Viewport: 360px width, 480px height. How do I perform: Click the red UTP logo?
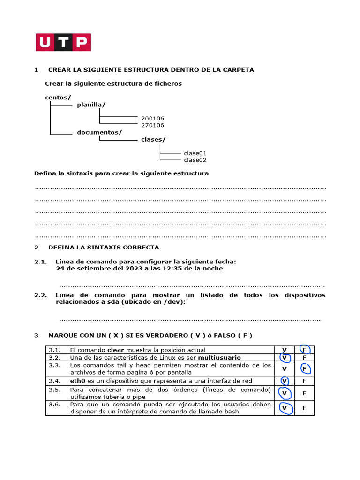point(63,42)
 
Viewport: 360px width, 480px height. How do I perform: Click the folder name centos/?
point(58,97)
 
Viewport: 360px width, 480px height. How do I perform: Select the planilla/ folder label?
point(91,105)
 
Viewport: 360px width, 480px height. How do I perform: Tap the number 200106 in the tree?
point(153,119)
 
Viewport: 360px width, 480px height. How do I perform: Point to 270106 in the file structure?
point(153,125)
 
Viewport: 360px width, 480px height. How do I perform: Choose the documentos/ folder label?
point(99,132)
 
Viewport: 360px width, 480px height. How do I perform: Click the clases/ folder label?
point(153,139)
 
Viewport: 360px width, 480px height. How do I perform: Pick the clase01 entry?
point(195,153)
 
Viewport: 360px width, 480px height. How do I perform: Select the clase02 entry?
point(195,160)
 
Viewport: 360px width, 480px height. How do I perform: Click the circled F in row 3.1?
point(304,350)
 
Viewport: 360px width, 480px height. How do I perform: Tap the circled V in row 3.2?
point(284,357)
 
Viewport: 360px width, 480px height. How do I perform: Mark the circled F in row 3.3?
point(304,368)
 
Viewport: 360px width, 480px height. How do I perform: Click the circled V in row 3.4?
point(284,381)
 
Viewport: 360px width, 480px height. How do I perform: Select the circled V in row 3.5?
point(284,393)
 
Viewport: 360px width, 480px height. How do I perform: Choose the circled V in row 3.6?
point(284,408)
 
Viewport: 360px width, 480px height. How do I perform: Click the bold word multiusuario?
point(219,358)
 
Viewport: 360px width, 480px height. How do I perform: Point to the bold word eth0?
point(77,381)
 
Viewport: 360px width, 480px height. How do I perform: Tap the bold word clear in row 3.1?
point(115,350)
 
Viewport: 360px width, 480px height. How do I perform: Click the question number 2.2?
point(41,295)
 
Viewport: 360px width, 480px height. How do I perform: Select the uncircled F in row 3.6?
point(304,408)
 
